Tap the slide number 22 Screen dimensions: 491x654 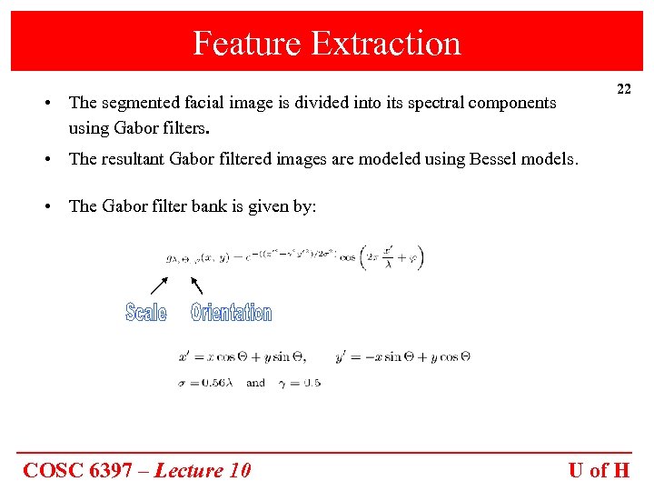624,89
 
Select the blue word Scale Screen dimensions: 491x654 146,313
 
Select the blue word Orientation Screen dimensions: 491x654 231,313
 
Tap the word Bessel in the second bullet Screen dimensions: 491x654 495,159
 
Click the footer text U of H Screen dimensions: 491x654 599,470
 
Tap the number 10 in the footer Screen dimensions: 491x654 240,470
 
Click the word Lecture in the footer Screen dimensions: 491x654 189,470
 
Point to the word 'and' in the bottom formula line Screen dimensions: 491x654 256,383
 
